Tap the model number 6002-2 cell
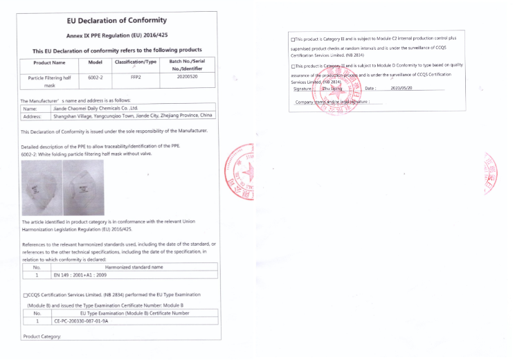coord(96,78)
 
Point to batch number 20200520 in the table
coord(187,78)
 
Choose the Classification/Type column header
coord(135,62)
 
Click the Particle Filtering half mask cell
coord(49,82)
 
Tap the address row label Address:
coord(33,116)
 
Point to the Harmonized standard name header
coord(133,267)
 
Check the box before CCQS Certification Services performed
coord(25,295)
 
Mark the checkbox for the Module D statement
coord(293,65)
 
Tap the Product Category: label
coord(42,336)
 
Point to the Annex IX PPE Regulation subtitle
coord(118,35)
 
